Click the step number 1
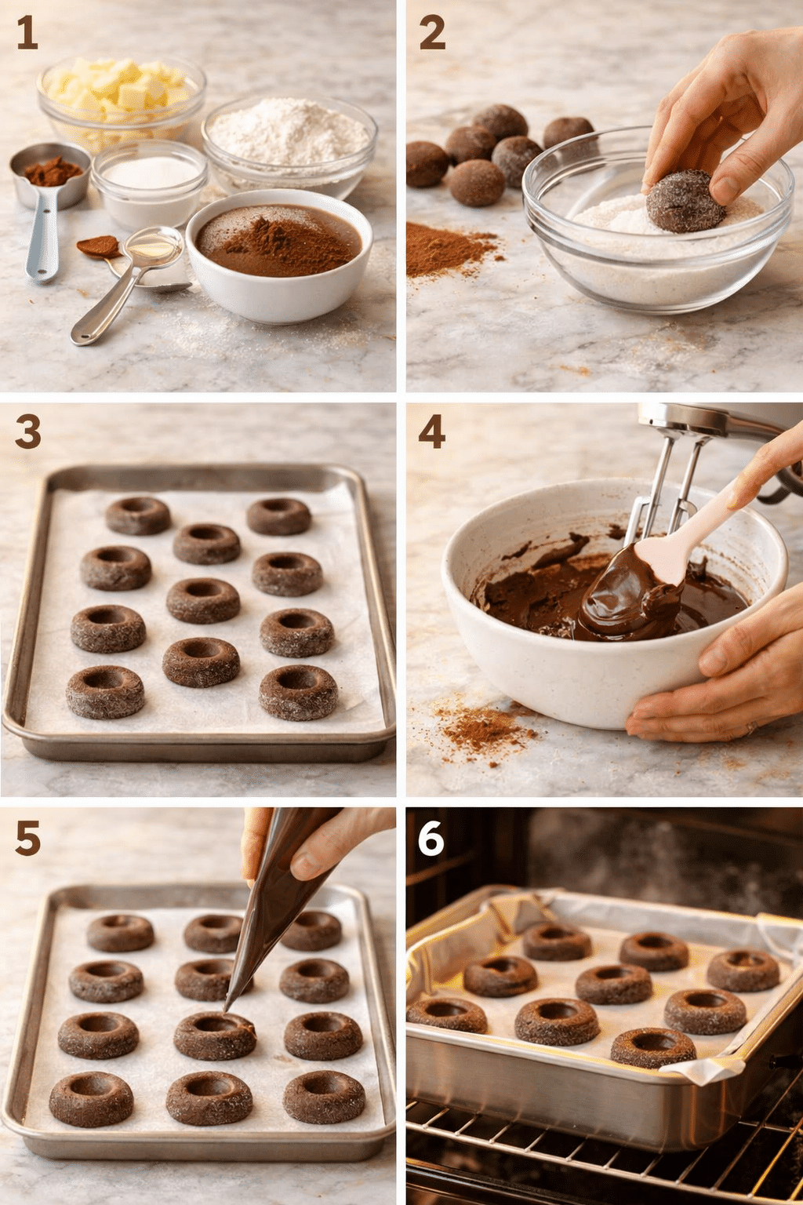pos(27,33)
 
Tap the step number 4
pos(432,431)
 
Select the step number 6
pos(431,839)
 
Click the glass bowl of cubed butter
pos(122,98)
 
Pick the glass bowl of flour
pos(289,141)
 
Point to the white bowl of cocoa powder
pos(279,251)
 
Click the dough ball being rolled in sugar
pos(684,202)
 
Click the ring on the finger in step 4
pos(751,728)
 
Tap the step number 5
pos(27,839)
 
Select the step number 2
pos(432,33)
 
